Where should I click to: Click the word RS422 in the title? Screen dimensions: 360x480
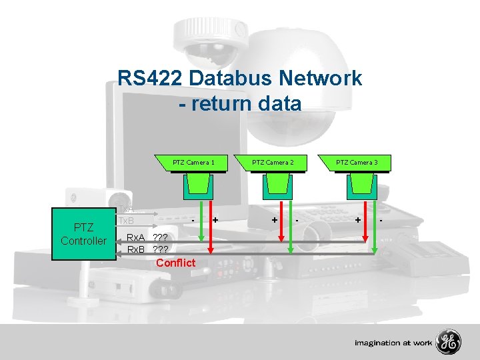[x=151, y=79]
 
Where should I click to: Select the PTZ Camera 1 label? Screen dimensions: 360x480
[x=193, y=162]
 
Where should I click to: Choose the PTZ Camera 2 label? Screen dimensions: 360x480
[x=274, y=162]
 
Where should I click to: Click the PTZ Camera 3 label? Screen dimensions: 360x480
[x=357, y=162]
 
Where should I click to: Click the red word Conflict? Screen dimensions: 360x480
[x=176, y=263]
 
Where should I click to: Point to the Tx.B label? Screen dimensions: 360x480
[x=126, y=221]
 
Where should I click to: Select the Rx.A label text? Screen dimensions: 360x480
[x=136, y=237]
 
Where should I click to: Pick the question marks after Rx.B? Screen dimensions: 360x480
[x=161, y=250]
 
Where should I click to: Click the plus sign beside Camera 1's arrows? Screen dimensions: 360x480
[x=215, y=219]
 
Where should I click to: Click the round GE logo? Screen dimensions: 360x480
[x=449, y=343]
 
